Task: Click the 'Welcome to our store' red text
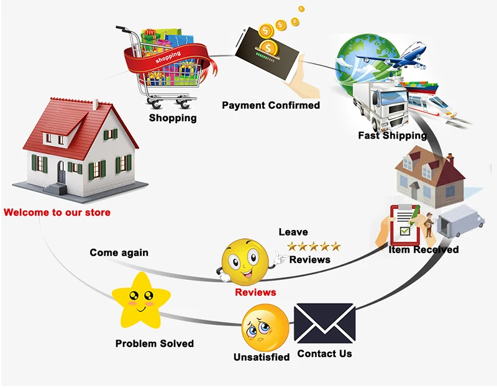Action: (x=57, y=213)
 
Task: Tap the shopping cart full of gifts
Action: (x=164, y=65)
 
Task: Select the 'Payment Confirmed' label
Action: (x=271, y=105)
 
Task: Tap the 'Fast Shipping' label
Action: (x=392, y=135)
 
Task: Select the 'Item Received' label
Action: (x=424, y=249)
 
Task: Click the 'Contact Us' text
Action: (x=324, y=354)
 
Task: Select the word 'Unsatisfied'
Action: (x=262, y=357)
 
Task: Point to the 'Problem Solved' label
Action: (x=155, y=343)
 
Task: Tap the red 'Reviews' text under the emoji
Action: (x=255, y=292)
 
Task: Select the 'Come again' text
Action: (x=119, y=253)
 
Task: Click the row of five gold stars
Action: (x=314, y=246)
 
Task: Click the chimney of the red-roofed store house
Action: (x=95, y=103)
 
